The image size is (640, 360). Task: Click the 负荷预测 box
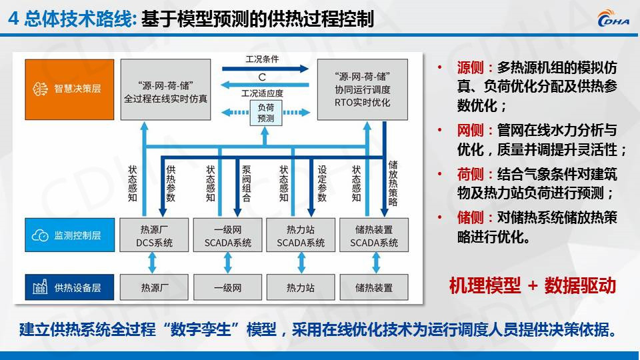coord(265,112)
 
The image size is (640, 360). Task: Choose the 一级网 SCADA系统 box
coord(227,235)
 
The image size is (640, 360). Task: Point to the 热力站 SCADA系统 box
coord(301,235)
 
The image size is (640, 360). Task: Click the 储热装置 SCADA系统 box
coord(374,235)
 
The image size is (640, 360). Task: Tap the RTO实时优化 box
coord(363,89)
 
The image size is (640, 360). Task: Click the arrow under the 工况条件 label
coord(265,68)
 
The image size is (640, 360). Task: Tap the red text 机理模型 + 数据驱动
coord(531,285)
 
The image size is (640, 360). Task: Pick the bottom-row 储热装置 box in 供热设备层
coord(374,287)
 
